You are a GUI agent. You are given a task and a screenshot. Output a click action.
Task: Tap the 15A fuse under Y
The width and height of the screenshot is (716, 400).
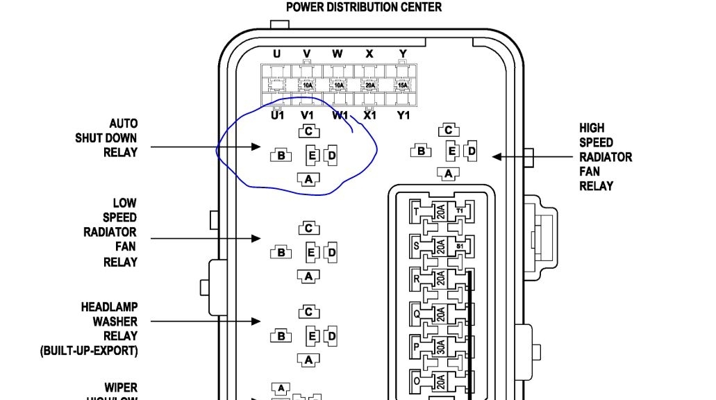403,85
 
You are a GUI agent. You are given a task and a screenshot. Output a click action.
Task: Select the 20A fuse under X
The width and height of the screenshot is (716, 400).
370,85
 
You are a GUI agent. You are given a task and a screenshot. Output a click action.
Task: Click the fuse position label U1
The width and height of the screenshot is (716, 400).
278,115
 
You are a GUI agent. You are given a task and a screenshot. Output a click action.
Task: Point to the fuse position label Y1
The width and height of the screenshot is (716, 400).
403,115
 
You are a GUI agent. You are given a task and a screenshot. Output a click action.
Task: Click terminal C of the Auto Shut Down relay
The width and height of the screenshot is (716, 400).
309,131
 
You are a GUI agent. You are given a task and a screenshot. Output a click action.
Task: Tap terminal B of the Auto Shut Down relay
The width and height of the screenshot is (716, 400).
281,155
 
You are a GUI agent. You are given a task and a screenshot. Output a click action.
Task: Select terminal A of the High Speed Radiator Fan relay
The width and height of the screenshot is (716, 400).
449,174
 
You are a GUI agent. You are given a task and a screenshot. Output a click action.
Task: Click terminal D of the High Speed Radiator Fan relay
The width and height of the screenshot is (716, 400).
472,151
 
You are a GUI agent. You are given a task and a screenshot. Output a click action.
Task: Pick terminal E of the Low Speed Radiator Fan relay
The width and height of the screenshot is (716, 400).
312,253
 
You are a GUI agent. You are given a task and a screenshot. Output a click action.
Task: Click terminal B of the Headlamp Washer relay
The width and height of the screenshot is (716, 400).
281,336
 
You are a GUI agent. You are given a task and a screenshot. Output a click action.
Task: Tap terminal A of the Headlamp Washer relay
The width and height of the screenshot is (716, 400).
308,360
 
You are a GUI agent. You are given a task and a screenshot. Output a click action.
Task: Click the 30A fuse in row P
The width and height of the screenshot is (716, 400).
440,347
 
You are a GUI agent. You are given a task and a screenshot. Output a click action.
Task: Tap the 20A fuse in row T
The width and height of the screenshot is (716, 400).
440,212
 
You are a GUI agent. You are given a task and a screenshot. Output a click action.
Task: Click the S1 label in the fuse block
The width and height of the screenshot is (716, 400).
460,246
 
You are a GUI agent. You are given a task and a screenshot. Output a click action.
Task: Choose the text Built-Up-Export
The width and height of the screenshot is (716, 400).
88,351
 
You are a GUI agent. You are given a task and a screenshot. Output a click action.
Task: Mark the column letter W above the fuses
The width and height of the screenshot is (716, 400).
338,54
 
